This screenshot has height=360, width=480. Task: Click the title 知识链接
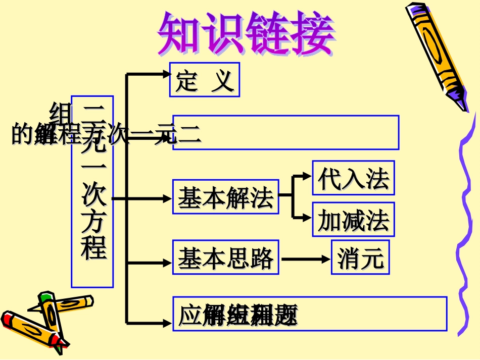coord(246,34)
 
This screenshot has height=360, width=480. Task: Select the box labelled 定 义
coord(204,80)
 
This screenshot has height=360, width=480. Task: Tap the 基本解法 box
coord(225,197)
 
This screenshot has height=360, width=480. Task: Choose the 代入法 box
coord(353,178)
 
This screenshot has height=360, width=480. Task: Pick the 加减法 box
coord(353,220)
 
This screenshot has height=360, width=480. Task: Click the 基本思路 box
coord(225,258)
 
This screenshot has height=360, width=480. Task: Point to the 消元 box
coord(360,258)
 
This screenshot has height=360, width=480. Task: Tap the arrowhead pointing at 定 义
coord(166,74)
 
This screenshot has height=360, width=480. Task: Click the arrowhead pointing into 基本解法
coord(167,198)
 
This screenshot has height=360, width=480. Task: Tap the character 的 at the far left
coord(21,134)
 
